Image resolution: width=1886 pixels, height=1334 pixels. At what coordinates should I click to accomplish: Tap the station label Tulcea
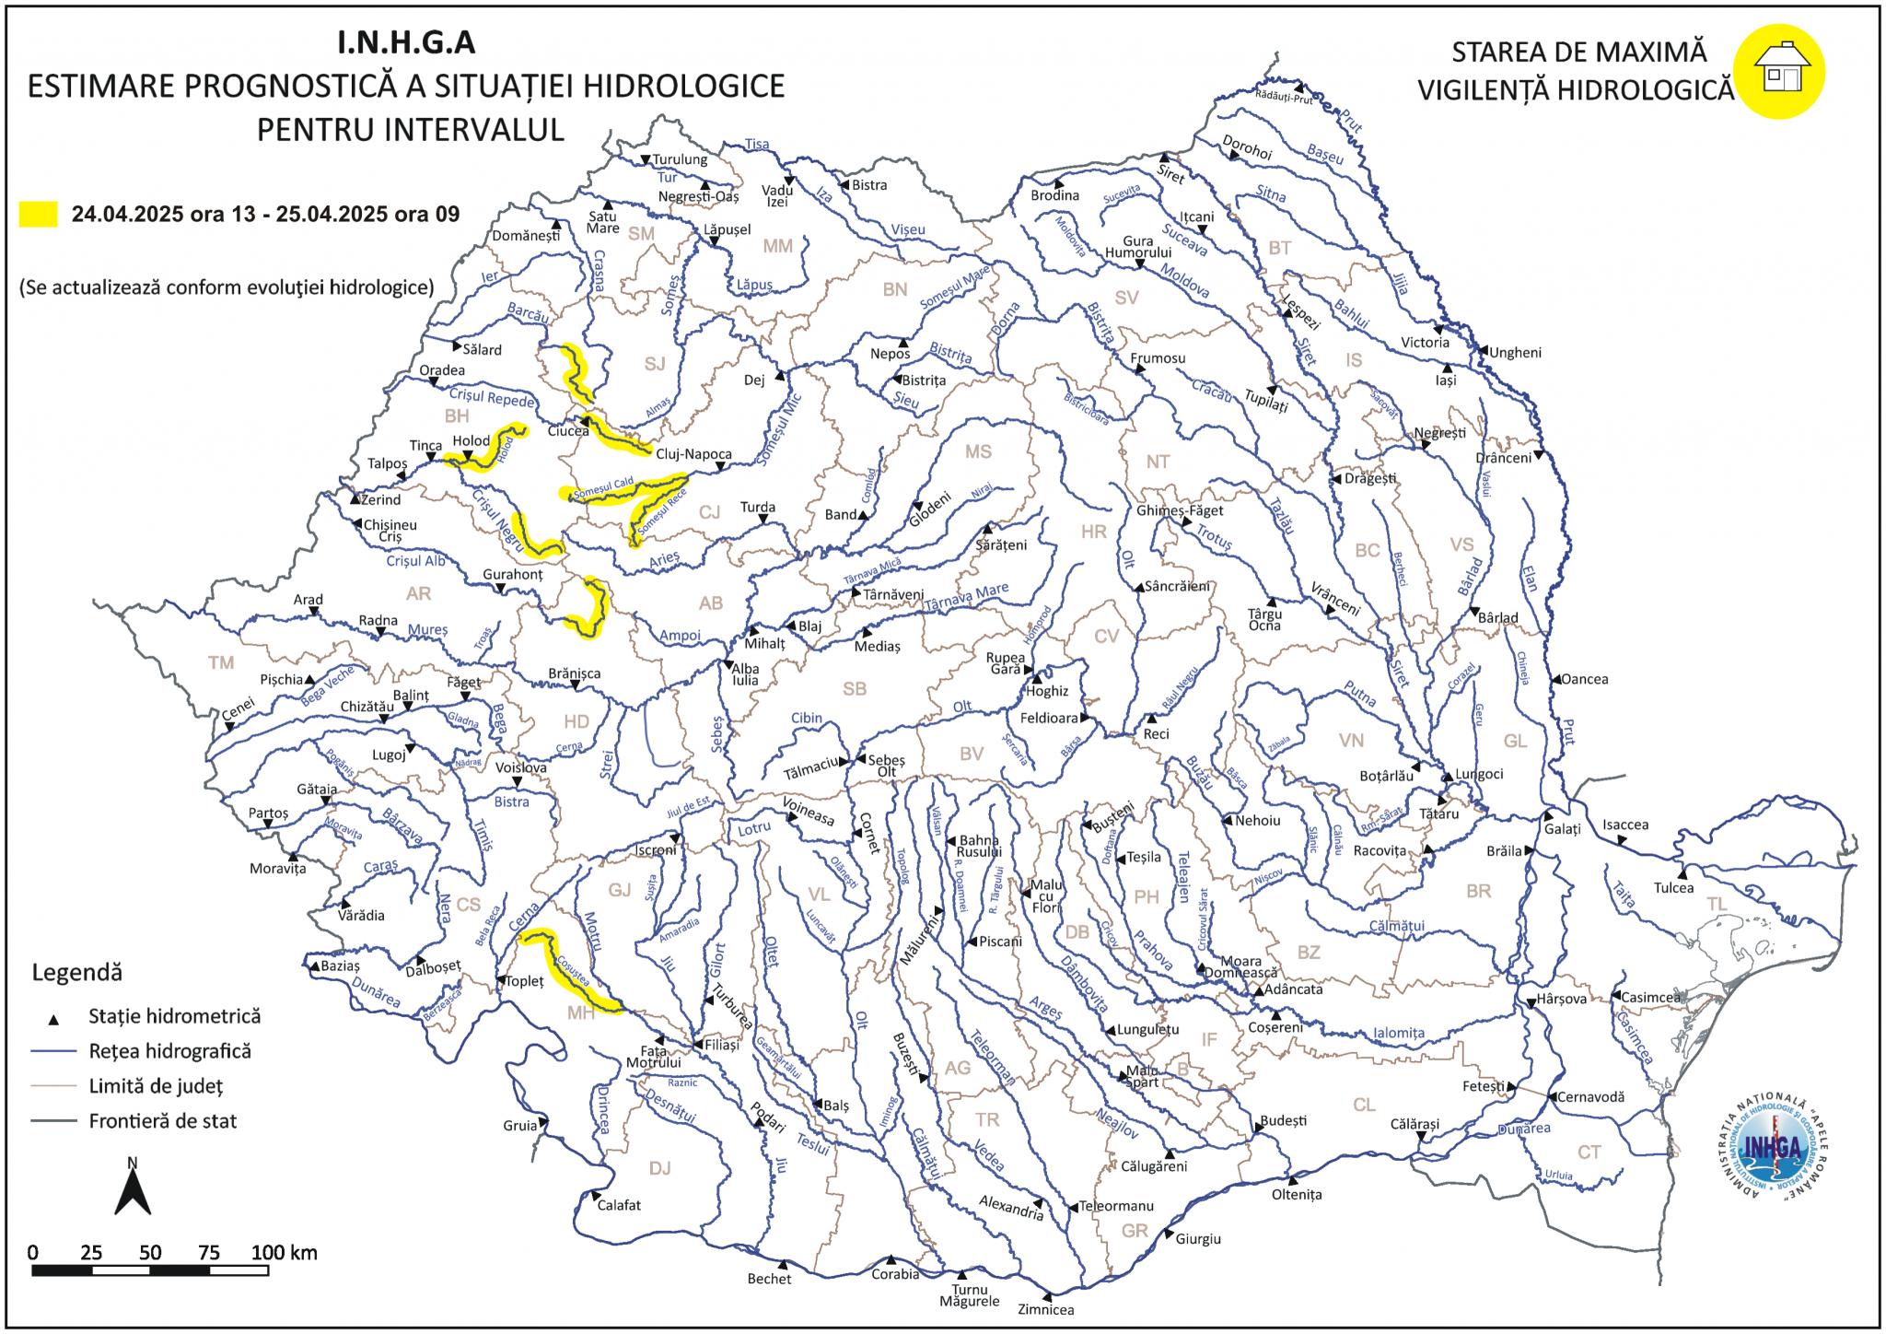[x=1673, y=888]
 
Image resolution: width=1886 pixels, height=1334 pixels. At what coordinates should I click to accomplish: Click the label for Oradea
[x=442, y=370]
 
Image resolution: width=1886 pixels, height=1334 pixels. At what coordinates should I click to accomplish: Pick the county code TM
[x=221, y=662]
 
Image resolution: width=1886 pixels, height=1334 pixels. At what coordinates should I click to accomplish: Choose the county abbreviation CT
[x=1589, y=1152]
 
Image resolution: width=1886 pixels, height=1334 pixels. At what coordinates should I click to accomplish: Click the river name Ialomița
[x=1398, y=1033]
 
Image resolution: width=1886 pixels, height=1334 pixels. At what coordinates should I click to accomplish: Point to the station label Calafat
[x=619, y=1205]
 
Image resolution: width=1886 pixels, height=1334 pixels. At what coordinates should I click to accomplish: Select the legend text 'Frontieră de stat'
[x=162, y=1121]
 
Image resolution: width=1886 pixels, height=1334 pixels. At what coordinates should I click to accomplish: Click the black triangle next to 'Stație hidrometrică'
[x=53, y=1020]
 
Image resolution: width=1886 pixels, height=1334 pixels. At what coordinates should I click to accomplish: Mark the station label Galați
[x=1563, y=829]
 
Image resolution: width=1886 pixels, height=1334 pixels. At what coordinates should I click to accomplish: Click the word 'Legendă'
[x=76, y=973]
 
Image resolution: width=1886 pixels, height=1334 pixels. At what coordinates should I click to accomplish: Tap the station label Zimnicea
[x=1045, y=1309]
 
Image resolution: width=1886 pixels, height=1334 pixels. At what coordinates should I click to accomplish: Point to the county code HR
[x=1093, y=532]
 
